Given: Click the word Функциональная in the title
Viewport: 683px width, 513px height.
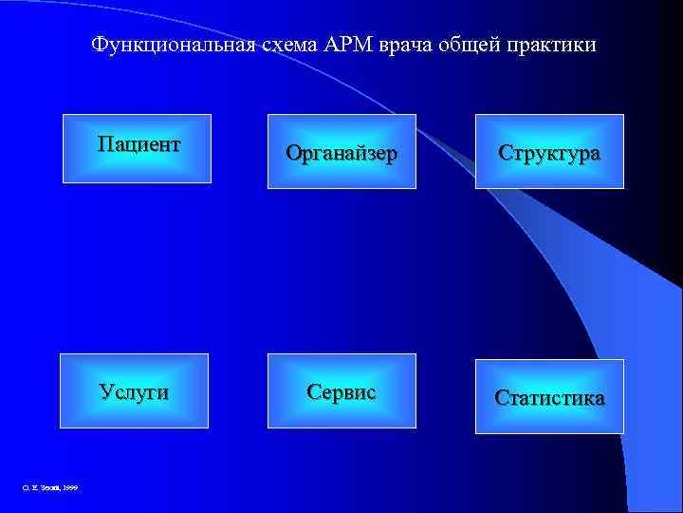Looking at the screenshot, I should point(172,46).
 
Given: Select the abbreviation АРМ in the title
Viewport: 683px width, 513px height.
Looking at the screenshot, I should point(349,46).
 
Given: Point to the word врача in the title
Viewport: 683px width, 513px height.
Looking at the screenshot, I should point(408,46).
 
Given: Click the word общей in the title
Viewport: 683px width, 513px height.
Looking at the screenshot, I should point(472,46).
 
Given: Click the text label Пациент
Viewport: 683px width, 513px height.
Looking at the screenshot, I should point(138,144).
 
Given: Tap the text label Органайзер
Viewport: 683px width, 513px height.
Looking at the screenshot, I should point(341,153).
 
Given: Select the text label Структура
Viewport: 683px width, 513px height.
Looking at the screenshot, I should point(550,153).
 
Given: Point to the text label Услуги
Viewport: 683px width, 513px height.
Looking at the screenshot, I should point(135,391).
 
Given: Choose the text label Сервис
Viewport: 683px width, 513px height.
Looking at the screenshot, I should point(341,391).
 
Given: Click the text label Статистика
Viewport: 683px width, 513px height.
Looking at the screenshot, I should point(549,398).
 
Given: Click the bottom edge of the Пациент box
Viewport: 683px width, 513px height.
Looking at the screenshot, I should point(137,181).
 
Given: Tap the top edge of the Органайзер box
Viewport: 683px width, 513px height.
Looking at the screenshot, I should point(341,115).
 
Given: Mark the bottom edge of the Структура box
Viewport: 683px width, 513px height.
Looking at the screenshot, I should point(549,187).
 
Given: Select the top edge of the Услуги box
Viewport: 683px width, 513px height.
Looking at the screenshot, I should point(134,354).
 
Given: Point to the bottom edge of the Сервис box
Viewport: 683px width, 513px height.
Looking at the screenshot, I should point(341,427).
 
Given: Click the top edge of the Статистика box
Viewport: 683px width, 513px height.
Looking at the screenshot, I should point(549,360).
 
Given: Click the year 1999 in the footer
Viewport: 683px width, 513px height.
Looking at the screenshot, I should point(70,487).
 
